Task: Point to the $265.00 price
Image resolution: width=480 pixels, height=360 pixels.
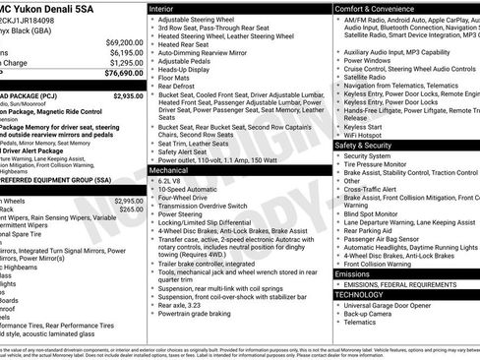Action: point(131,209)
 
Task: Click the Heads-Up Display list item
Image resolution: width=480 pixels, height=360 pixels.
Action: point(184,70)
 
